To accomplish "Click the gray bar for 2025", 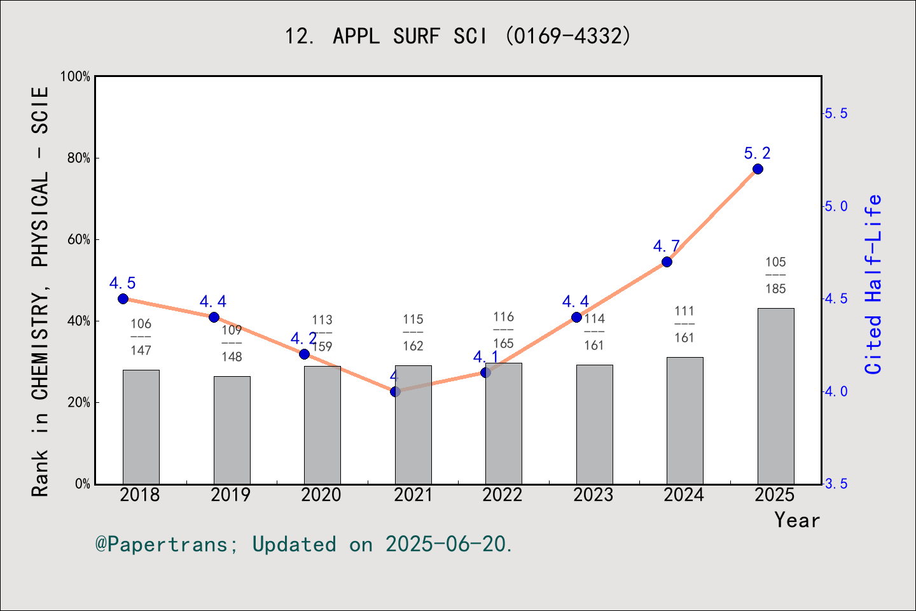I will [775, 396].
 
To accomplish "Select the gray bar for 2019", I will [232, 430].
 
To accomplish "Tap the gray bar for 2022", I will [503, 423].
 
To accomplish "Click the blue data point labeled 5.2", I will [758, 169].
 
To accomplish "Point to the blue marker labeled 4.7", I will [667, 262].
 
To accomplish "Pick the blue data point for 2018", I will [123, 298].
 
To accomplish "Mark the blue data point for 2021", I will [396, 391].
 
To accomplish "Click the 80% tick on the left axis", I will [79, 158].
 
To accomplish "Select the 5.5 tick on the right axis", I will [836, 113].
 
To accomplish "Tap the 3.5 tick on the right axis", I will [836, 484].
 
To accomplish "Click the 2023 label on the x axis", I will [593, 495].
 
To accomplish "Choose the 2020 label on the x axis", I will [321, 495].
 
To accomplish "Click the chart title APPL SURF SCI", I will [458, 36].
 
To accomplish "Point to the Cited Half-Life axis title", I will [873, 284].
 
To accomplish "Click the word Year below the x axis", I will [797, 520].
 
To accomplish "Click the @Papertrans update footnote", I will [304, 544].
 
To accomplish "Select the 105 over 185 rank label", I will [775, 275].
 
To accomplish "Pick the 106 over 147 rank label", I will [141, 337].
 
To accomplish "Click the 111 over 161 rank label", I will [684, 324].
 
